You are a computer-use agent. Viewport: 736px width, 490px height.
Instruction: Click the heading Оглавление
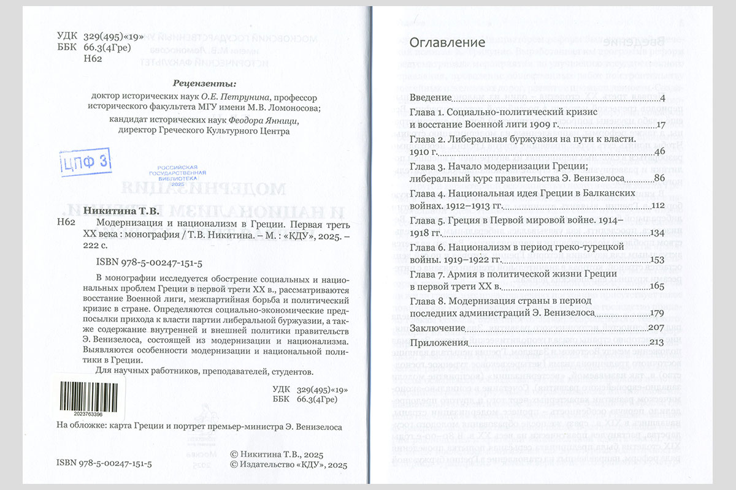point(447,42)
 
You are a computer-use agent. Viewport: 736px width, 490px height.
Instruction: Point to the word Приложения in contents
point(439,342)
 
